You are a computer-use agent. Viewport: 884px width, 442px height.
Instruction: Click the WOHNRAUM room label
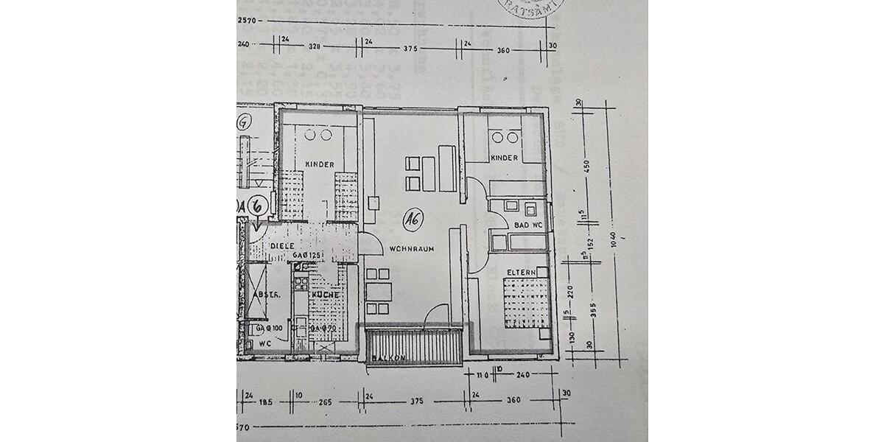click(412, 249)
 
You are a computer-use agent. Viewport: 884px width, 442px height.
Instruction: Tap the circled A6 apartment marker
click(413, 218)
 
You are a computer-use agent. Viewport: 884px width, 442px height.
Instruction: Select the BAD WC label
click(528, 224)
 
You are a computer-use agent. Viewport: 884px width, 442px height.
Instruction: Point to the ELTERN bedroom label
click(520, 272)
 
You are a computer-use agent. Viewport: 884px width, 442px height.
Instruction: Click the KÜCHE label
click(324, 295)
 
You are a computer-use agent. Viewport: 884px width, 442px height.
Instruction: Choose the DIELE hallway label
click(281, 246)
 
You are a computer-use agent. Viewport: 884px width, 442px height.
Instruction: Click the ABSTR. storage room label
click(263, 295)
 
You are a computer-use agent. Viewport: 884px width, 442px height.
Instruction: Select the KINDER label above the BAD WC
click(505, 158)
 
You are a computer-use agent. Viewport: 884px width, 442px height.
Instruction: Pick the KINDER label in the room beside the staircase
click(320, 164)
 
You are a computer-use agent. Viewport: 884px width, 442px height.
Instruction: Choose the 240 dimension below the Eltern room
click(524, 374)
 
